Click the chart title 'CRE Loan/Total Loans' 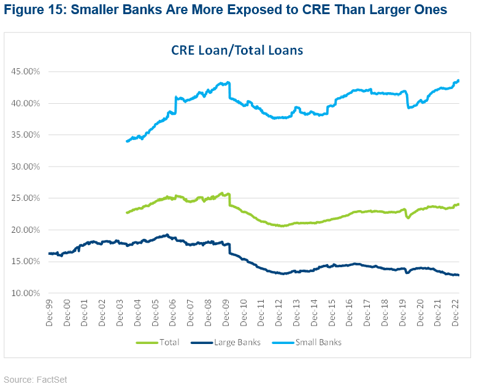click(x=237, y=50)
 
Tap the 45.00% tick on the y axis click(x=26, y=71)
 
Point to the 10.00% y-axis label click(x=26, y=293)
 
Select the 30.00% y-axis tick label click(x=26, y=166)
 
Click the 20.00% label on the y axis click(x=26, y=230)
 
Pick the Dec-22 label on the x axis click(x=456, y=313)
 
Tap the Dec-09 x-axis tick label click(x=227, y=313)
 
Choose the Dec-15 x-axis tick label click(x=332, y=313)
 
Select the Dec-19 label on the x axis click(x=404, y=313)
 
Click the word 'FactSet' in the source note click(x=51, y=380)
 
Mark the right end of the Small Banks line click(x=459, y=80)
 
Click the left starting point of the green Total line click(x=126, y=213)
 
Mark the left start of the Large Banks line click(x=48, y=253)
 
